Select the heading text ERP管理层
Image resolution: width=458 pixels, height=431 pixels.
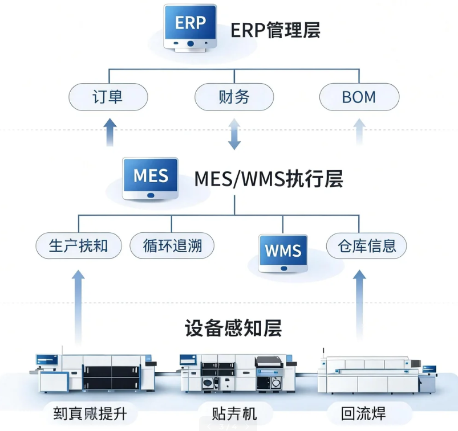pos(275,29)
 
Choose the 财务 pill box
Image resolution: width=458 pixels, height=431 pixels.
pos(233,97)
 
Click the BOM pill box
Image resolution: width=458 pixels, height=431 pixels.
pos(358,97)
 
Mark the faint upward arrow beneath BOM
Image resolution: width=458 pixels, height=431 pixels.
pos(359,133)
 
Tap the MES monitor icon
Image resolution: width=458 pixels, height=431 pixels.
pos(151,179)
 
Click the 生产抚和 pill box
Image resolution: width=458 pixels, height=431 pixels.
pos(78,247)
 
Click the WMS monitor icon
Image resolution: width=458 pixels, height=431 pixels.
pos(283,252)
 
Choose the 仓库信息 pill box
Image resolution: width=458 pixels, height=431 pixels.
pos(366,247)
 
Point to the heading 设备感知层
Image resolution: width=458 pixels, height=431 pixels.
pos(233,328)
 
